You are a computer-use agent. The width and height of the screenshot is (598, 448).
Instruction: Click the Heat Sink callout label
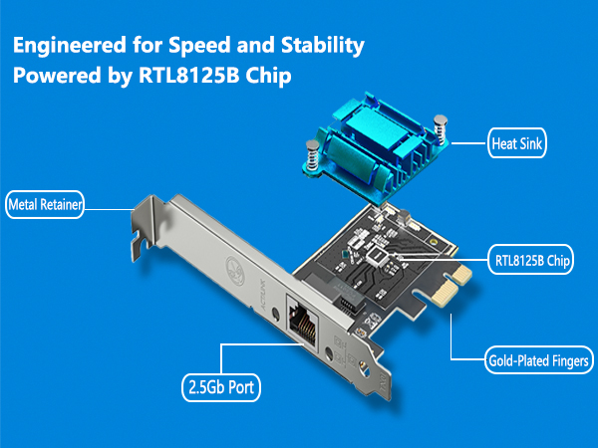point(516,143)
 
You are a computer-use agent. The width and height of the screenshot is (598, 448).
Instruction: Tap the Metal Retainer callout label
point(45,204)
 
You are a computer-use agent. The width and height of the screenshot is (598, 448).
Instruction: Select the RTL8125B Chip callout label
point(531,260)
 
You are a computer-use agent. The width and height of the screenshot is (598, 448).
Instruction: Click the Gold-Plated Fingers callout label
point(539,360)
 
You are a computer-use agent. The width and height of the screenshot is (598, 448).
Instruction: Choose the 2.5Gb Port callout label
point(221,388)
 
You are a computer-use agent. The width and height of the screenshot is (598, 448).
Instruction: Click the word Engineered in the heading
point(70,46)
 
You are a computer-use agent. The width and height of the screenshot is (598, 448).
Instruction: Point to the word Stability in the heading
point(323,46)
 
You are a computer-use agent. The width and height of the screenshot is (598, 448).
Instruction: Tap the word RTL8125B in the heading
point(188,75)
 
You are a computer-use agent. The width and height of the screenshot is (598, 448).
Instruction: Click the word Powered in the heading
point(57,75)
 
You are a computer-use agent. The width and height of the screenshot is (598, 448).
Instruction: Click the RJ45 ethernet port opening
point(302,324)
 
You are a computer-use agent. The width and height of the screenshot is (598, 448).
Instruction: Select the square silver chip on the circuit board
point(377,256)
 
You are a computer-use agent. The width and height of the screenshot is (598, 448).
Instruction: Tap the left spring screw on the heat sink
point(312,155)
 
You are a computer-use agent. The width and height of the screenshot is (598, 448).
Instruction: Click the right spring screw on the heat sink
point(441,128)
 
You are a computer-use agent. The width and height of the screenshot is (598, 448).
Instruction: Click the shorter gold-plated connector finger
point(461,275)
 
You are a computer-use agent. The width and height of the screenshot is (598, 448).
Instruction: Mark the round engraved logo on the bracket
point(235,271)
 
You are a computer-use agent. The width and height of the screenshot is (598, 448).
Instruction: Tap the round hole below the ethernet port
point(328,353)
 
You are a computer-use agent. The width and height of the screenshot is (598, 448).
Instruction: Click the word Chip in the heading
point(268,75)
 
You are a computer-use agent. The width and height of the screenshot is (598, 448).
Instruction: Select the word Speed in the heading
point(199,46)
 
